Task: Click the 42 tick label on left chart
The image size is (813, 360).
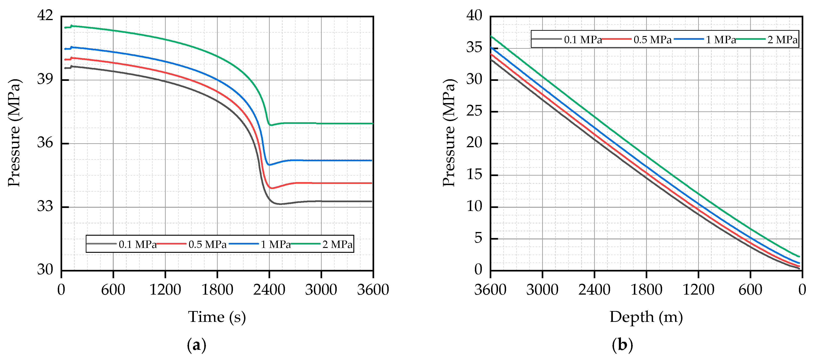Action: [45, 15]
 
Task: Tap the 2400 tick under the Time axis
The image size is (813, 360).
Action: [269, 290]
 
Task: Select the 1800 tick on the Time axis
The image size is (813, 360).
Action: [217, 290]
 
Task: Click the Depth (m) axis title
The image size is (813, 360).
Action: [646, 317]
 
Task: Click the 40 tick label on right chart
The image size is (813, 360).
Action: [474, 15]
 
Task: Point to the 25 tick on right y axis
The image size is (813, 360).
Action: [474, 111]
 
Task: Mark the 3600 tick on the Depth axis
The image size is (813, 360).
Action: [490, 290]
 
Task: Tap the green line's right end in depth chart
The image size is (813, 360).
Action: [799, 256]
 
